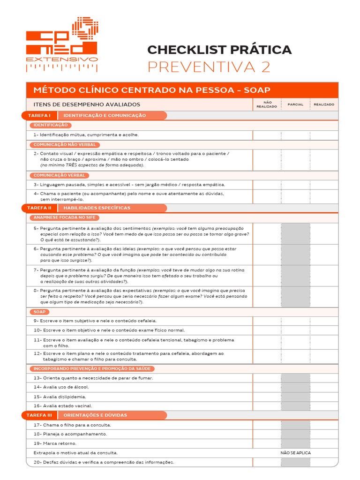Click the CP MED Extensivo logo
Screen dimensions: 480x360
click(x=62, y=45)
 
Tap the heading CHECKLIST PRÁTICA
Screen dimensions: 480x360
click(x=219, y=49)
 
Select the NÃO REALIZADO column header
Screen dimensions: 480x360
click(x=267, y=105)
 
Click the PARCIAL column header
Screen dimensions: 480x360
click(x=295, y=105)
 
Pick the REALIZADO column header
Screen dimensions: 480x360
click(x=324, y=105)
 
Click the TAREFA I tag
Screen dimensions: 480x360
click(x=39, y=115)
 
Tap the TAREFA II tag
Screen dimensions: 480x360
click(x=39, y=208)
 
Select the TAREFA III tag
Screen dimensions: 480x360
click(x=39, y=415)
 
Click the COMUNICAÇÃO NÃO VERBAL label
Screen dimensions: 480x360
click(x=65, y=144)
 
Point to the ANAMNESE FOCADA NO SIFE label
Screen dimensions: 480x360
click(x=65, y=217)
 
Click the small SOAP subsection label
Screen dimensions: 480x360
click(x=38, y=312)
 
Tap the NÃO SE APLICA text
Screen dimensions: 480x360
click(x=295, y=453)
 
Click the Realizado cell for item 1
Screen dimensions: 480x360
click(x=324, y=135)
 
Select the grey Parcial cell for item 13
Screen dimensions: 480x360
click(x=295, y=378)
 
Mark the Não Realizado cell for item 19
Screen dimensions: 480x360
click(x=267, y=443)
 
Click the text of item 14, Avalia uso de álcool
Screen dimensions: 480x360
click(x=61, y=387)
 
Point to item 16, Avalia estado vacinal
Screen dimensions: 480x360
click(x=63, y=406)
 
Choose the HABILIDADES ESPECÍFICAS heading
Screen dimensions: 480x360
click(x=97, y=208)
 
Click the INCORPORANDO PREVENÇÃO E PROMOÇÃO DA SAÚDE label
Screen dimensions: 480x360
click(x=92, y=369)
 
